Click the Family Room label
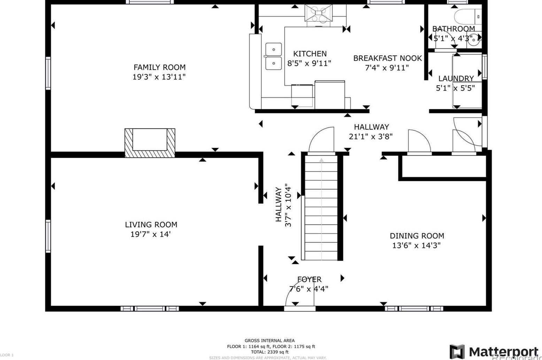159,67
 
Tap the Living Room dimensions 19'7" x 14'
150,234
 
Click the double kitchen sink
274,56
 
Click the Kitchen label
310,54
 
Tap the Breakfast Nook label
387,58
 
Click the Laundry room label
456,79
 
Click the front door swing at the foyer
299,292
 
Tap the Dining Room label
417,236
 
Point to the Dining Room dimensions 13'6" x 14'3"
416,245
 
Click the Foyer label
309,279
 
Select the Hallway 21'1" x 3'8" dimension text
371,137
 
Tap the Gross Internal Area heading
269,341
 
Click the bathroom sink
473,40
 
